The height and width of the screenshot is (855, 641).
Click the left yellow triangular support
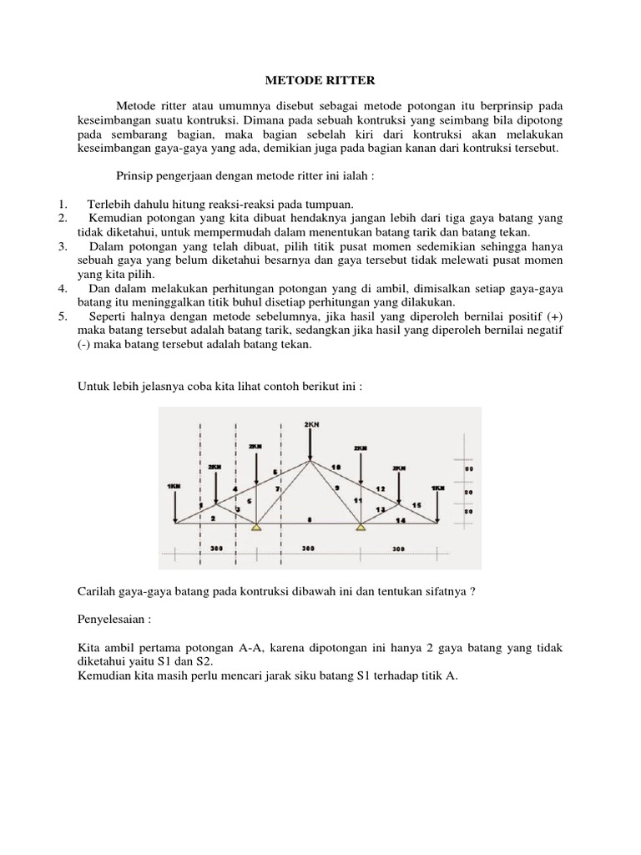coord(258,526)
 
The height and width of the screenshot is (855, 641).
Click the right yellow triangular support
coord(361,526)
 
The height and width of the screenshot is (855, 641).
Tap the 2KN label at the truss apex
coord(310,424)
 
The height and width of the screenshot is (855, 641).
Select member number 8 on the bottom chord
coord(310,519)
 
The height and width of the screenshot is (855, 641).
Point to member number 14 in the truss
coord(401,519)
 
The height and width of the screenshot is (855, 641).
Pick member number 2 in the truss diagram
coord(213,519)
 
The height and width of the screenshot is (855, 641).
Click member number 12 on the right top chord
coord(380,488)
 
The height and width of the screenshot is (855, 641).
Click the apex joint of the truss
coord(310,459)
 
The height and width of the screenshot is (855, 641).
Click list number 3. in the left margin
coord(63,247)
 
